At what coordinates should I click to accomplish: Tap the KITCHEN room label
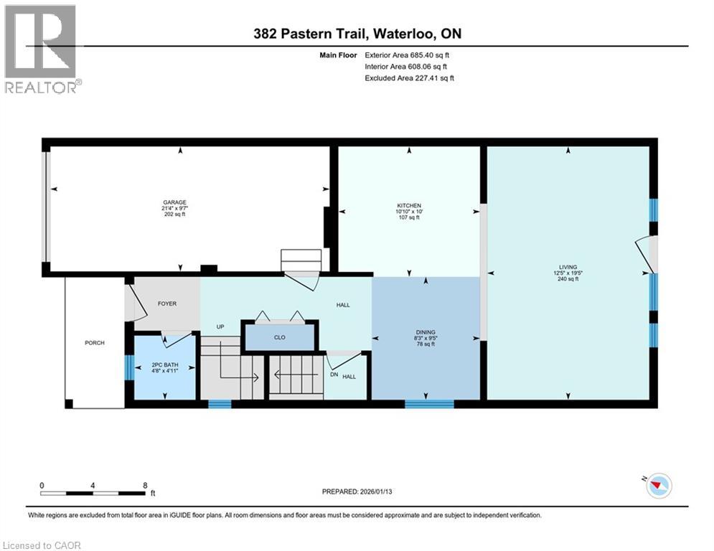coord(409,205)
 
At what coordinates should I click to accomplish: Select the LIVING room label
coord(568,267)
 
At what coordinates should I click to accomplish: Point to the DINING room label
coord(426,332)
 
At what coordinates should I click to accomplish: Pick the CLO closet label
coord(280,336)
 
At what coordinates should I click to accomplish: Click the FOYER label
coord(167,303)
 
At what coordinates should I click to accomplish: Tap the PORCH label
coord(94,343)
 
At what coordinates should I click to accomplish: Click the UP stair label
coord(221,327)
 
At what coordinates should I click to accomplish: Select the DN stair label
coord(334,375)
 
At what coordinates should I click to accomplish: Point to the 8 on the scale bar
coord(145,485)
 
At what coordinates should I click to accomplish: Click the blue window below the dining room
coord(429,404)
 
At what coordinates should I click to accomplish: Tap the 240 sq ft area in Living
coord(568,279)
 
